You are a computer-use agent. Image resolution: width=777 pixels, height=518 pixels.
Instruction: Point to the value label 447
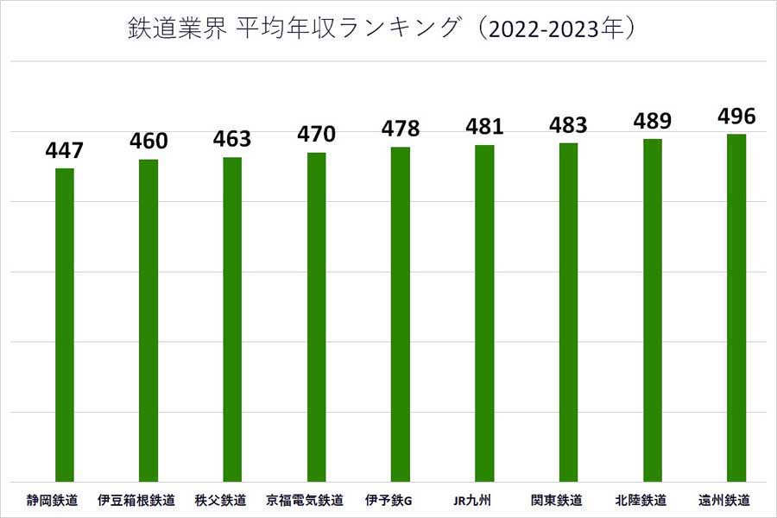(65, 151)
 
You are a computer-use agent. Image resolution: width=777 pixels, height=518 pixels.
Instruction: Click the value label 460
(148, 141)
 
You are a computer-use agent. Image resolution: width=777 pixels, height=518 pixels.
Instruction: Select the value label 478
(400, 129)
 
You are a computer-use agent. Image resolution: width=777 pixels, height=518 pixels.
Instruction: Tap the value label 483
(568, 124)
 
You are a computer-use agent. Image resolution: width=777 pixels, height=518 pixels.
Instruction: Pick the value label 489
(652, 121)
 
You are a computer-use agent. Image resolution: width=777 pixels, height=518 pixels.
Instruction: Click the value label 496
(736, 116)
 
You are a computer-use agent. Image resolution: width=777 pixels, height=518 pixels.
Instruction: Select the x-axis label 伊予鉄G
(389, 500)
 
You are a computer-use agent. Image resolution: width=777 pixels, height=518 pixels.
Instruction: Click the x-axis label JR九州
(473, 500)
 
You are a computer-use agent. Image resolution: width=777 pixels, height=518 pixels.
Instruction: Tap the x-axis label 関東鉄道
(557, 500)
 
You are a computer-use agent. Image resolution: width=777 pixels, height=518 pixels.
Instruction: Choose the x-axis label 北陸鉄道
(641, 500)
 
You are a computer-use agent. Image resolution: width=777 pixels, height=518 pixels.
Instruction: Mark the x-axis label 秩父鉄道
(221, 500)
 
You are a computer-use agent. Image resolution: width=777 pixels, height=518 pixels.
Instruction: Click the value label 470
(316, 134)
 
